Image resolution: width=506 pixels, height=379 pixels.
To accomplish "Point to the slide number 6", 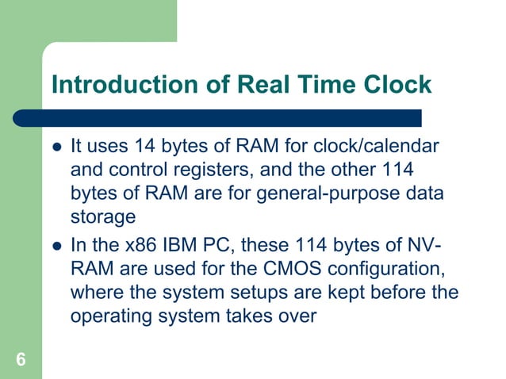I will [x=21, y=361].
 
